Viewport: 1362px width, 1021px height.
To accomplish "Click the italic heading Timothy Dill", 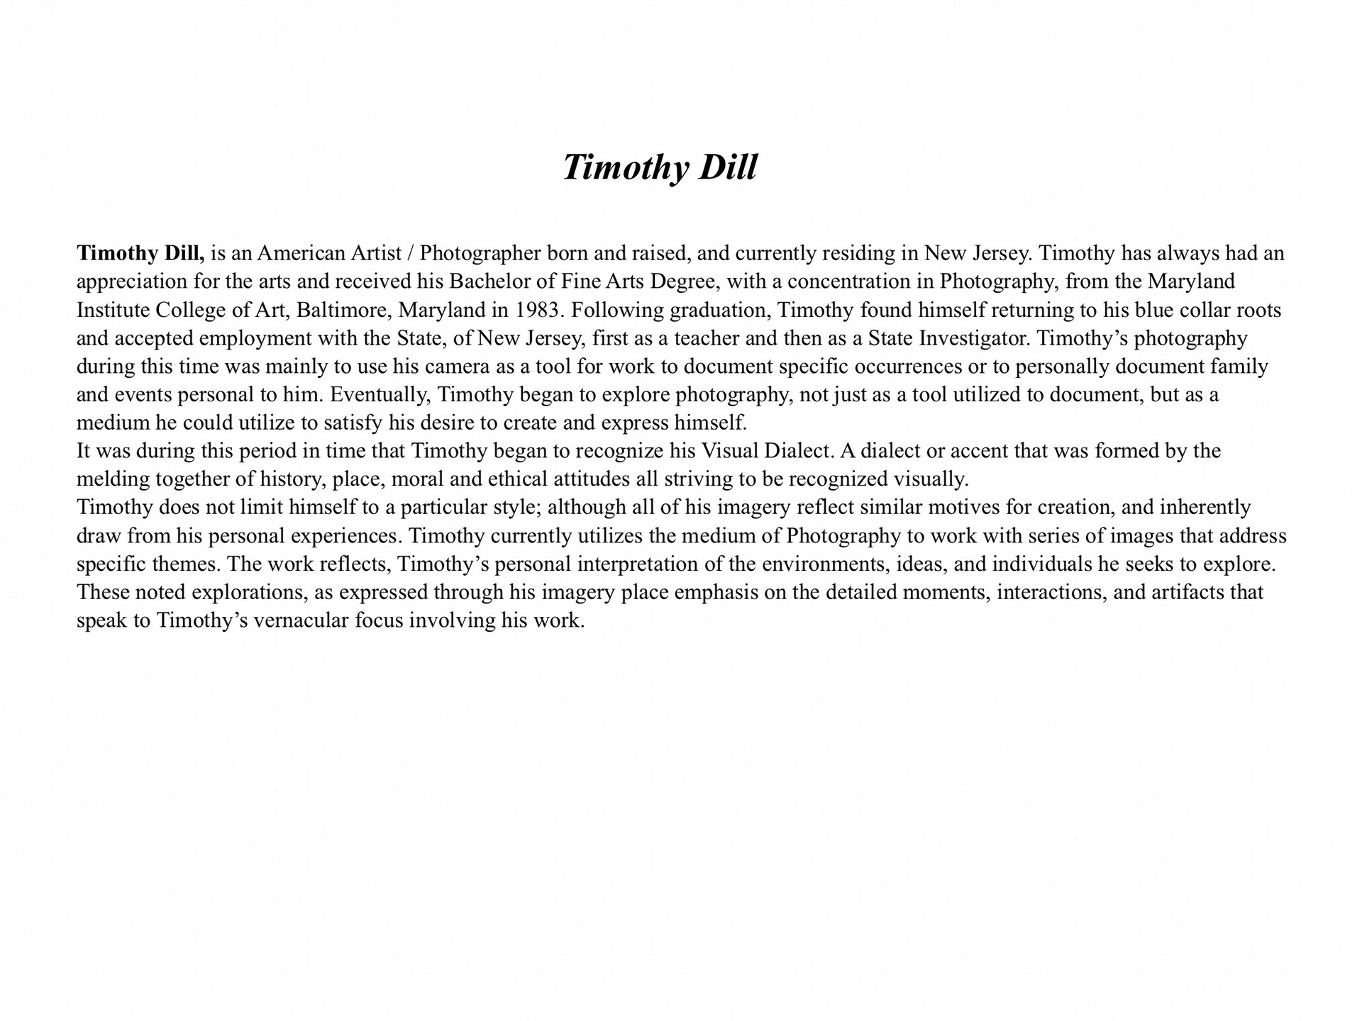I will (x=660, y=167).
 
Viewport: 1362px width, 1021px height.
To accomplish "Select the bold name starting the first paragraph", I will (x=140, y=253).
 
